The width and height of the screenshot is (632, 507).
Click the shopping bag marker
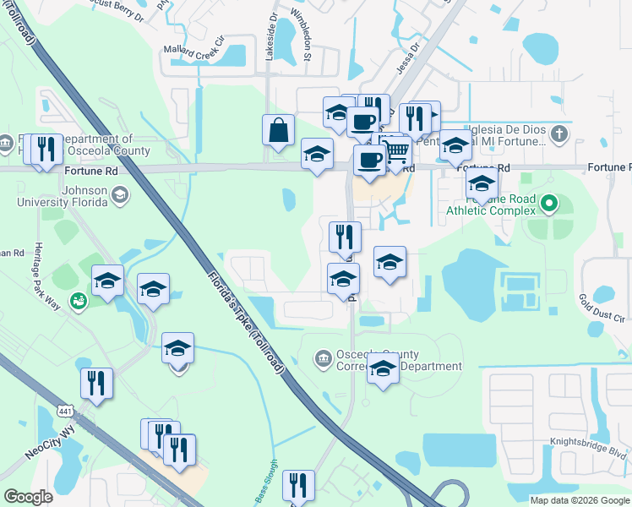click(x=278, y=131)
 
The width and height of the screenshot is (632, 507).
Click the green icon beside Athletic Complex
click(x=549, y=203)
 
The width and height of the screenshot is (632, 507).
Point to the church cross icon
click(x=558, y=134)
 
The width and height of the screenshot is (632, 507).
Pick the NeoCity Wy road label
click(x=51, y=443)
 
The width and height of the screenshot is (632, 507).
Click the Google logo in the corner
click(x=29, y=497)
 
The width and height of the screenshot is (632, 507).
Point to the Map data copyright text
click(x=580, y=500)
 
